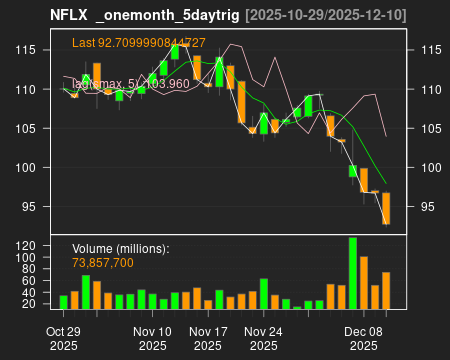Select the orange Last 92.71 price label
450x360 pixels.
[x=139, y=43]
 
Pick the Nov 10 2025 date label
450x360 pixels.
[x=152, y=338]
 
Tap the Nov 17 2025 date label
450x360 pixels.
[x=208, y=338]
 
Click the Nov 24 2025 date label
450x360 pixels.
[x=264, y=338]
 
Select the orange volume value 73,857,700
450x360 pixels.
[x=103, y=262]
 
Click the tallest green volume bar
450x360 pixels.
[x=353, y=273]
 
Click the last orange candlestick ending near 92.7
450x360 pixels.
[x=386, y=208]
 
